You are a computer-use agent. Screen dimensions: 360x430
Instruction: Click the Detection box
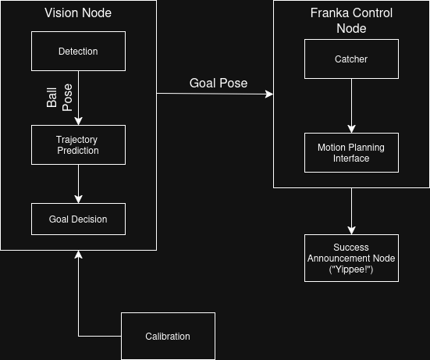[78, 52]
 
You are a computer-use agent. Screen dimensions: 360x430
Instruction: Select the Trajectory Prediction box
[78, 144]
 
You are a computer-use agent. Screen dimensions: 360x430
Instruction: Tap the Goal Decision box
[78, 219]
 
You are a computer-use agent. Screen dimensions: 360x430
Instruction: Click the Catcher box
[351, 59]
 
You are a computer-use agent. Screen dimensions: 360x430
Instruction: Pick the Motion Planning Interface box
[351, 152]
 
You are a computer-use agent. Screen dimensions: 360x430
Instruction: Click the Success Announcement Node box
[351, 258]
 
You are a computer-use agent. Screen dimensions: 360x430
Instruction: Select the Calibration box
[168, 336]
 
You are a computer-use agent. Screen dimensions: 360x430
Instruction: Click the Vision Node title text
[78, 13]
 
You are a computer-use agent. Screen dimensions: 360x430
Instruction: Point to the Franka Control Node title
[351, 20]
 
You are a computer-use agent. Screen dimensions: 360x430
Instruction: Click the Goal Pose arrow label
[219, 84]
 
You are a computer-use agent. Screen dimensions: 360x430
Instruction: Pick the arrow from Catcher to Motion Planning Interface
[351, 105]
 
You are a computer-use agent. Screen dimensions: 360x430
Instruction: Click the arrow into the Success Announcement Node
[351, 211]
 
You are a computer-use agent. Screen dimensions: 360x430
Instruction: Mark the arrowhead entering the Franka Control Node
[269, 94]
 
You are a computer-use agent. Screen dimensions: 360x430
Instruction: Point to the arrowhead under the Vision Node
[78, 255]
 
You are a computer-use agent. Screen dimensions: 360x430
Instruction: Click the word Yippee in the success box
[351, 268]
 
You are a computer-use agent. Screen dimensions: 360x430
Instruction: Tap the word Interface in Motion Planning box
[351, 158]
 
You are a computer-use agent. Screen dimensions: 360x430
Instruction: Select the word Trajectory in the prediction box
[78, 140]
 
